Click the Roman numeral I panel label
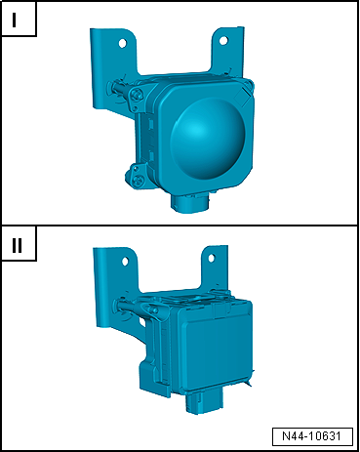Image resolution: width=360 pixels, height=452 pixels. pos(14,21)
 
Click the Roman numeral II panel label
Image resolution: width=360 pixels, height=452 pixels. pos(17,245)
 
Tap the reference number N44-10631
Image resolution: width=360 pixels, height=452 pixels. pos(312,436)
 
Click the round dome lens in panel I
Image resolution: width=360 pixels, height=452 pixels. pos(208,135)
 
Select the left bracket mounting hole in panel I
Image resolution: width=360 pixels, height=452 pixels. pos(122,43)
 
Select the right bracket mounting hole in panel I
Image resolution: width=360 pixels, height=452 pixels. pos(223,41)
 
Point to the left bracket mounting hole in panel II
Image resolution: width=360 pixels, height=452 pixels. pos(125,261)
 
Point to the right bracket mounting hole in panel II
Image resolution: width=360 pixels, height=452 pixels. pos(212,259)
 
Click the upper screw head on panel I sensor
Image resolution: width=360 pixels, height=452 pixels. pos(137,95)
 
